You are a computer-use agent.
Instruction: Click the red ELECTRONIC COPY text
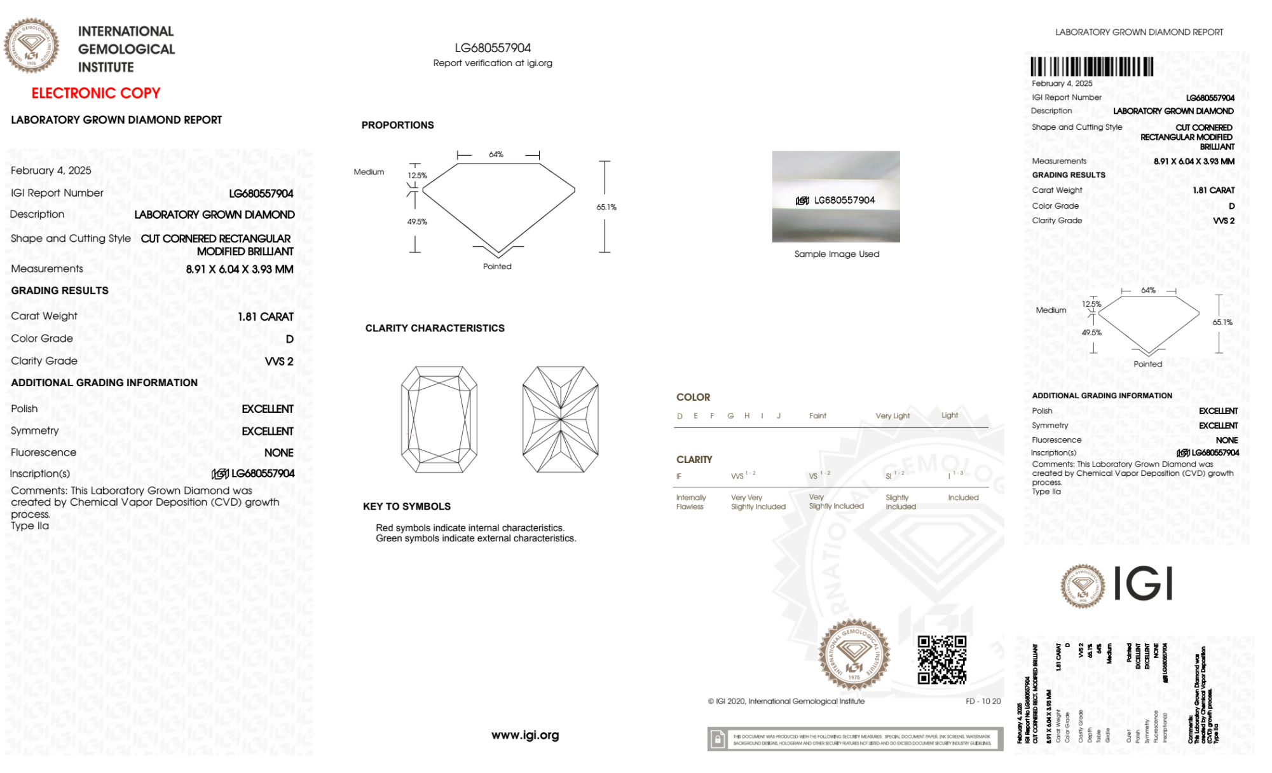(96, 94)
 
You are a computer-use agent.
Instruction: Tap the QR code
(941, 660)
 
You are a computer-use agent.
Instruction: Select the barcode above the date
(1091, 67)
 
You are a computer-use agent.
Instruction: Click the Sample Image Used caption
(837, 254)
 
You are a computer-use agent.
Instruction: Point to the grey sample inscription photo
(836, 197)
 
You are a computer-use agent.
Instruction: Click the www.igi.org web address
(525, 735)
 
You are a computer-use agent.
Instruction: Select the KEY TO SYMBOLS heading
(407, 506)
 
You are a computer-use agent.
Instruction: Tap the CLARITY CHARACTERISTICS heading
(435, 328)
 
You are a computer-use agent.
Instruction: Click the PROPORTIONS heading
(398, 125)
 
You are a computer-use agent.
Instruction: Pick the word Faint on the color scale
(817, 416)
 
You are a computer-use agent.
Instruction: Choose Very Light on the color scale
(892, 416)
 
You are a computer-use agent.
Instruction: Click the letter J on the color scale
(779, 416)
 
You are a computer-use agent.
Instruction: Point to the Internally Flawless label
(691, 502)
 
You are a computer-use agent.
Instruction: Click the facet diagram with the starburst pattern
(560, 419)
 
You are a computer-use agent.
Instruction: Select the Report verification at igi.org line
(493, 63)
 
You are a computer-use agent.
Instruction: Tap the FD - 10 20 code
(983, 701)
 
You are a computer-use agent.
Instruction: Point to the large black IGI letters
(1144, 584)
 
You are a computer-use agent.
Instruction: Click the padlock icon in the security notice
(718, 739)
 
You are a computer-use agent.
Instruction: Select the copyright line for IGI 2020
(786, 701)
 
